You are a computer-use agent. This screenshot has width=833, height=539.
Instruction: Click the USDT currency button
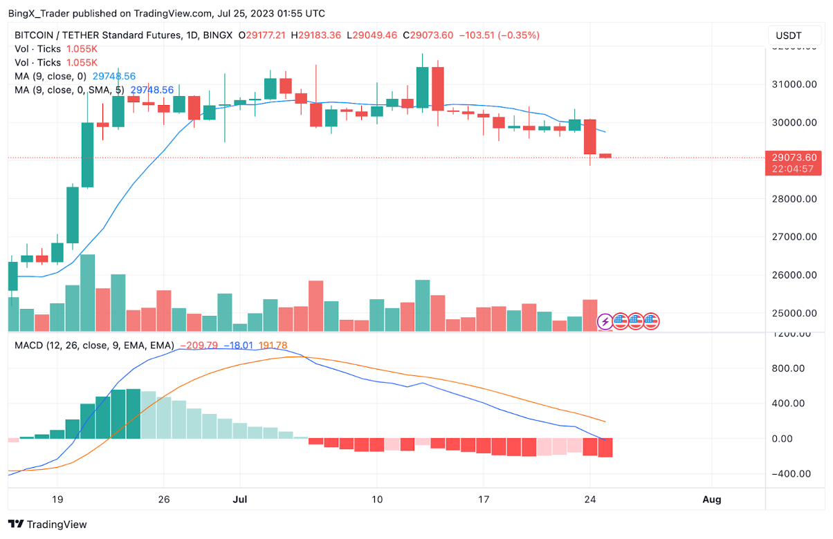[x=789, y=35]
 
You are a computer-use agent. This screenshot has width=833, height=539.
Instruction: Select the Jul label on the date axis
[x=239, y=499]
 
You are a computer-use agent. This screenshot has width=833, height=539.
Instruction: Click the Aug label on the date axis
[x=711, y=499]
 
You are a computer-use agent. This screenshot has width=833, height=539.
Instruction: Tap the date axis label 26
[x=163, y=499]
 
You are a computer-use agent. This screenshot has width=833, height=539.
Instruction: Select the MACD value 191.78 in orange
[x=272, y=346]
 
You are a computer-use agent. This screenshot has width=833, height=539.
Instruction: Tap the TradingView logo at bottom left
[x=48, y=524]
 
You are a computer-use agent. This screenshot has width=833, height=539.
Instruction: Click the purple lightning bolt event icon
[x=605, y=321]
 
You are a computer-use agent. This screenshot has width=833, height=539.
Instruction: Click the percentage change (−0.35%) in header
[x=520, y=35]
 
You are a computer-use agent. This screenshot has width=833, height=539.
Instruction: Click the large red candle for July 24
[x=590, y=137]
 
